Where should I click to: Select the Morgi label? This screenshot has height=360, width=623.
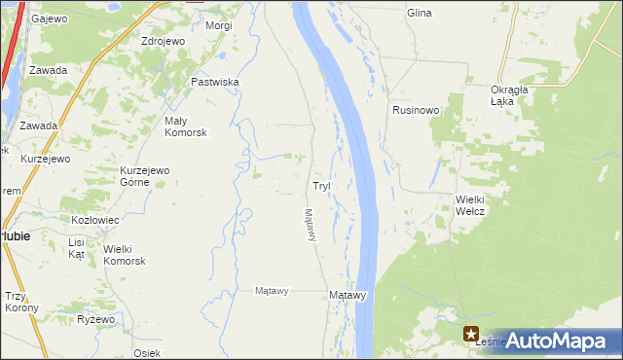point(219,25)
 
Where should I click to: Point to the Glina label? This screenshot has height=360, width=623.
point(420,13)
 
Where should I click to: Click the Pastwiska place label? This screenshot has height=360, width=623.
point(215,83)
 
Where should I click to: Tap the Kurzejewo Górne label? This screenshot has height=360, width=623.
point(145,176)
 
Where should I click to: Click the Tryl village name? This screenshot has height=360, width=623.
point(321,185)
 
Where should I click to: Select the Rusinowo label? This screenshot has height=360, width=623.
point(417,110)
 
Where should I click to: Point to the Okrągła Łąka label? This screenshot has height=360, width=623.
point(509,95)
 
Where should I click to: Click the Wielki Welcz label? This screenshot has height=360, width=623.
point(470,206)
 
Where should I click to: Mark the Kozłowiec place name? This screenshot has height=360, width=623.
point(94,220)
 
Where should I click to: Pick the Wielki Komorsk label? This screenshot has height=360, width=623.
point(124,255)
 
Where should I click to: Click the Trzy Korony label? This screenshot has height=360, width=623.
point(21,302)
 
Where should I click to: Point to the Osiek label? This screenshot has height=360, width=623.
point(147,352)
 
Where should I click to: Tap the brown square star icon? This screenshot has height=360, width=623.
point(471,333)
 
